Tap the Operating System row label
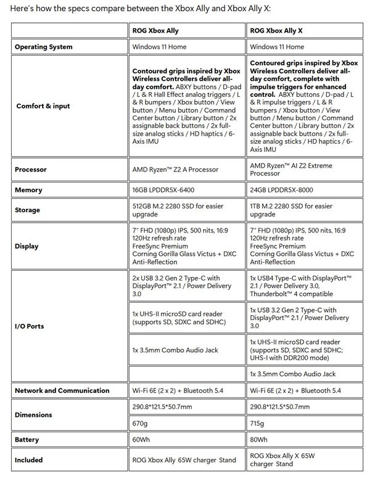point(43,47)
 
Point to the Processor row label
point(31,169)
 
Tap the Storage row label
point(28,210)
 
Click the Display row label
point(27,246)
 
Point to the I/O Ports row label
point(30,326)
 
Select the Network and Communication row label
point(62,390)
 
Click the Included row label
point(29,459)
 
